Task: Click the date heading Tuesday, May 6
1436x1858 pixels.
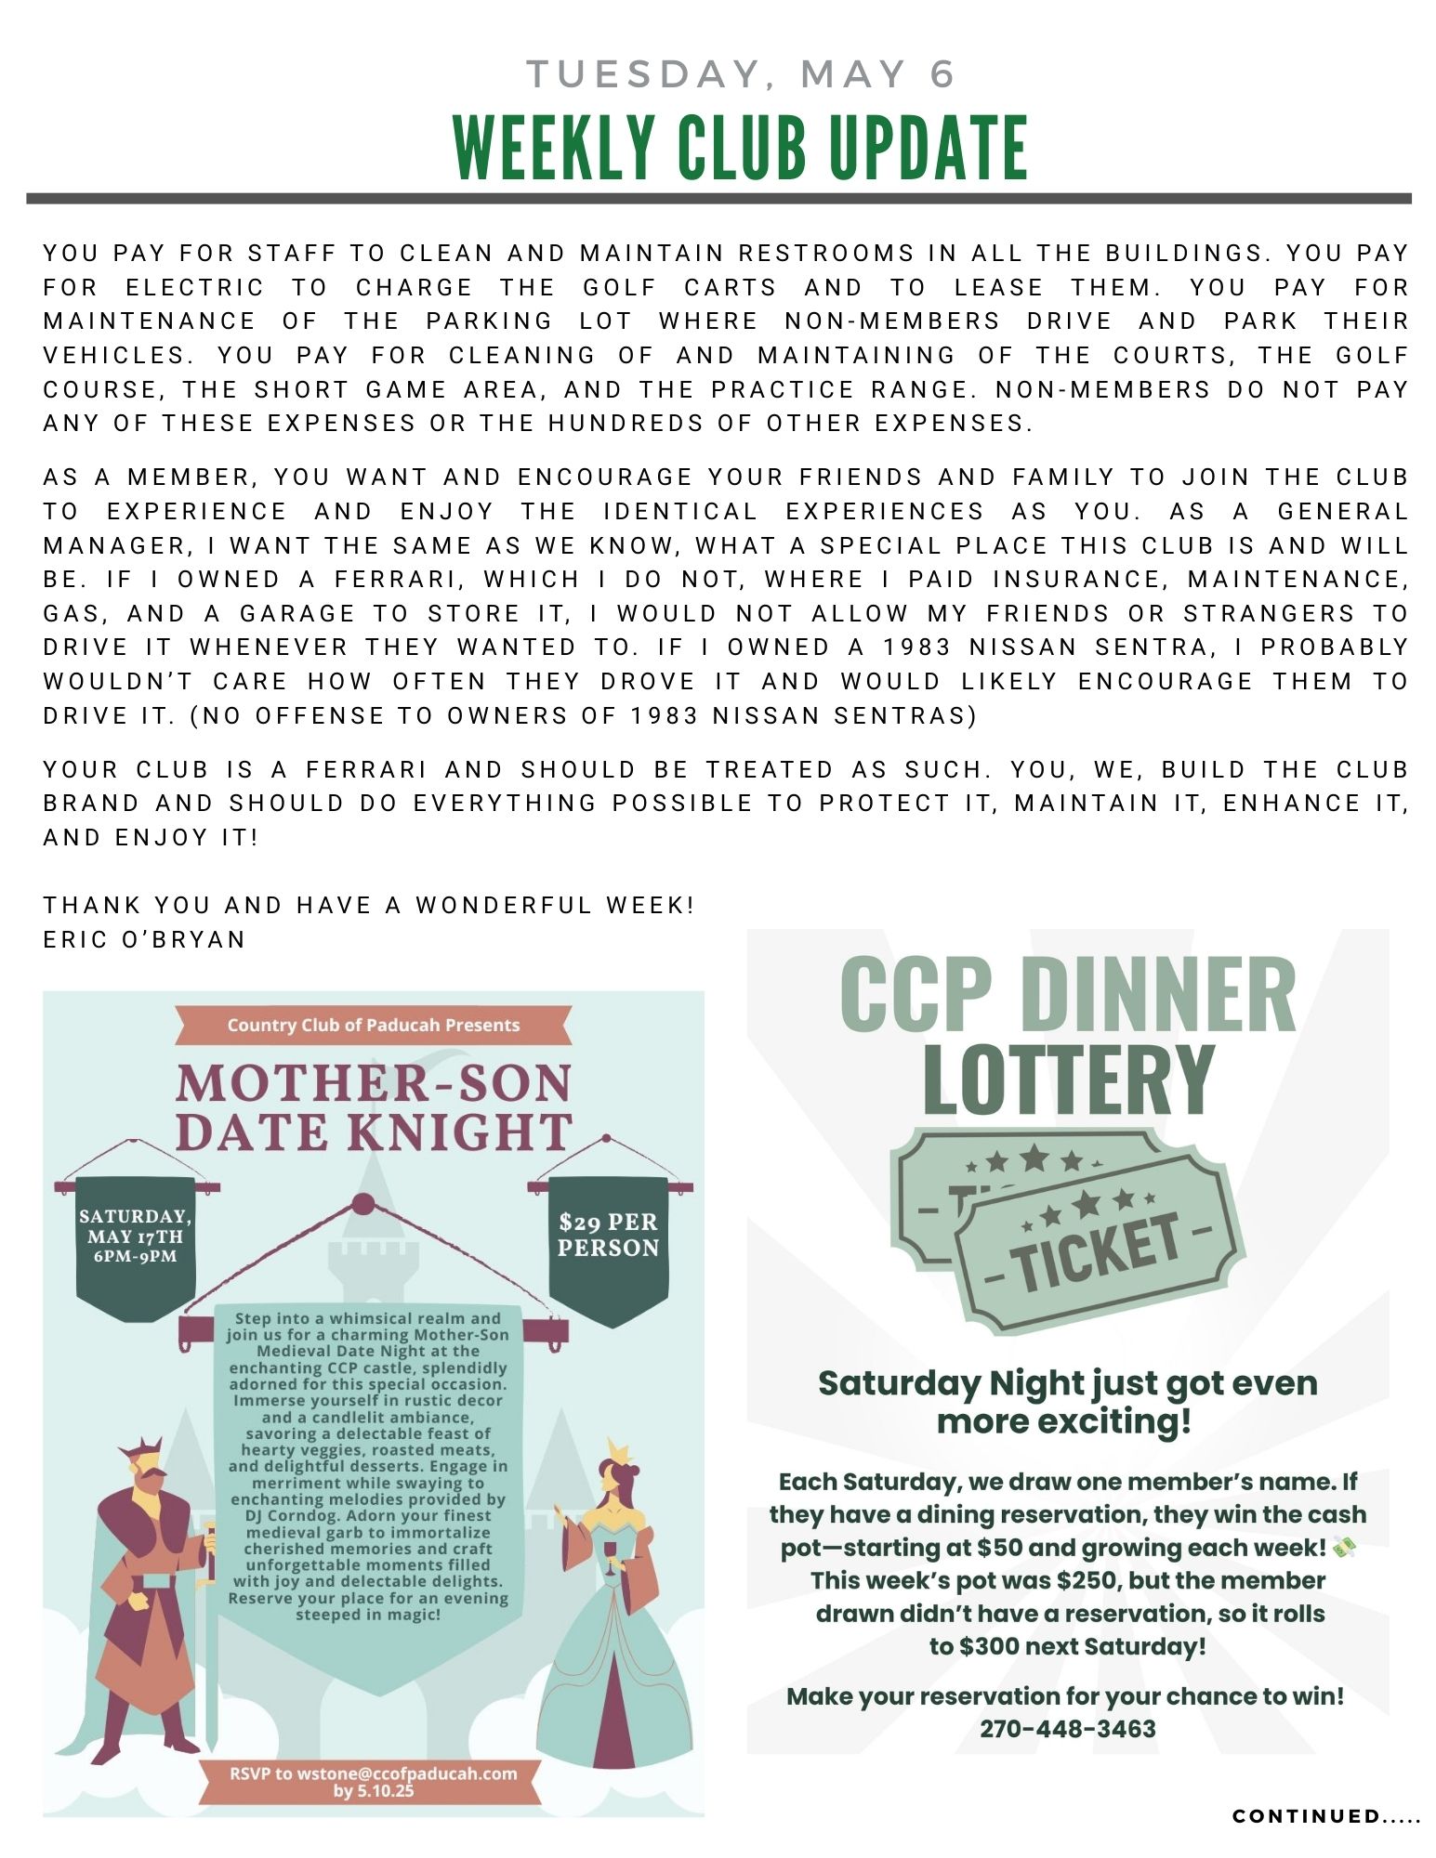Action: pyautogui.click(x=741, y=74)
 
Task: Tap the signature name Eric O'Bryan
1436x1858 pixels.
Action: pyautogui.click(x=144, y=939)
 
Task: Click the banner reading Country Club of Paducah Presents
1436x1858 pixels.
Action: pyautogui.click(x=373, y=1026)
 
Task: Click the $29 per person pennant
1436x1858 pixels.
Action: pyautogui.click(x=608, y=1236)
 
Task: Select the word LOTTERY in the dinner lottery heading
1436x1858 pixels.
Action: pyautogui.click(x=1068, y=1079)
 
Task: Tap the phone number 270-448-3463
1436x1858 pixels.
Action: pyautogui.click(x=1067, y=1729)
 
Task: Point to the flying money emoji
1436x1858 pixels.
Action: pyautogui.click(x=1344, y=1548)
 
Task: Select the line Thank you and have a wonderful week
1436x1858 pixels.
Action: pyautogui.click(x=368, y=905)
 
